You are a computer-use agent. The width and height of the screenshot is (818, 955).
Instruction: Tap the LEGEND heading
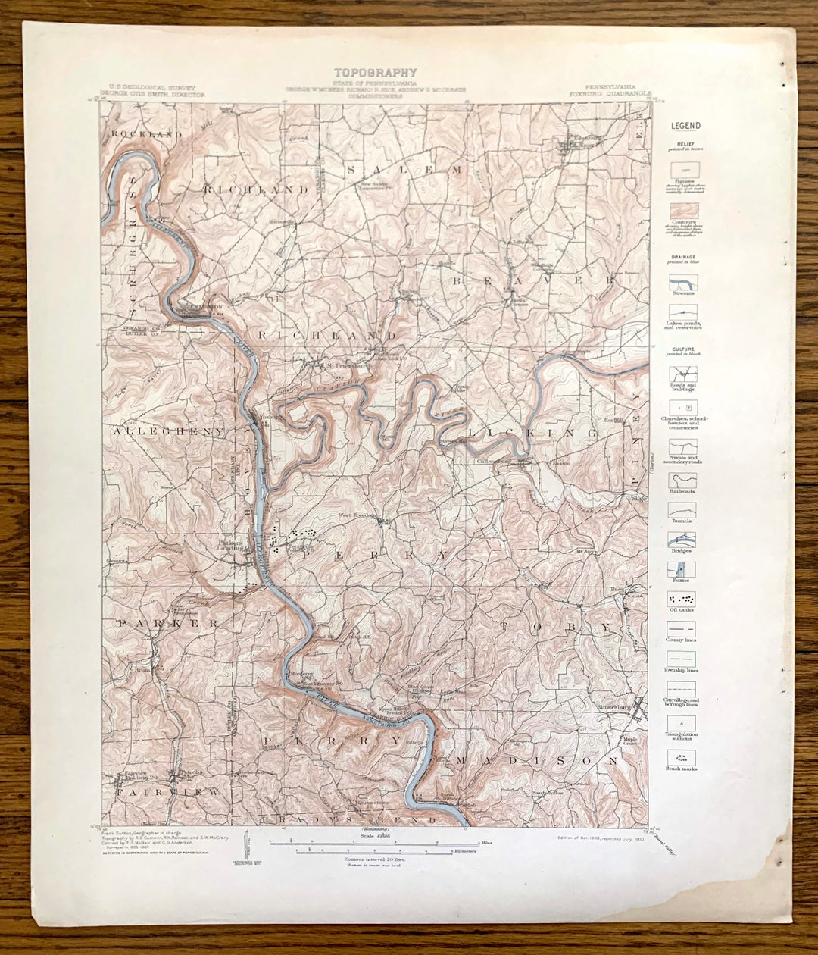coord(685,126)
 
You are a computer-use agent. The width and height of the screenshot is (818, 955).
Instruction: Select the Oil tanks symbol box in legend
coord(682,599)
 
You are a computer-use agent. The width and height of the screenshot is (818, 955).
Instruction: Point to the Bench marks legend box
coord(682,756)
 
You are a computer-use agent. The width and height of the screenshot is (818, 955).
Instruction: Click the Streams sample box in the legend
coord(682,283)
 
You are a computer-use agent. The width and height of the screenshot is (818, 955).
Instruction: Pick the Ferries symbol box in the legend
coord(682,568)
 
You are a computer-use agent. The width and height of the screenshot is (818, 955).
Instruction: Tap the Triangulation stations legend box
coord(682,722)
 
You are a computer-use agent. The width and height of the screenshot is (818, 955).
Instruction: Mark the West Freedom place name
coord(357,515)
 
